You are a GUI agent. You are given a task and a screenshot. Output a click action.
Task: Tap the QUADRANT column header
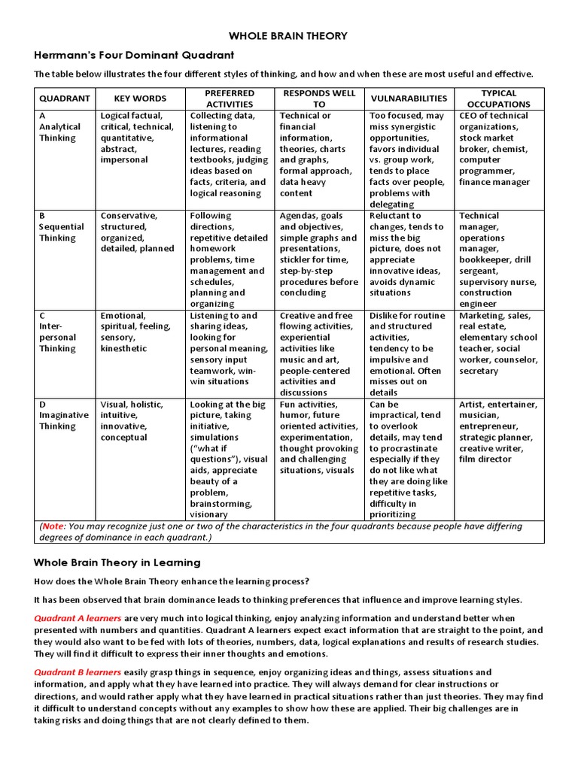[x=65, y=99]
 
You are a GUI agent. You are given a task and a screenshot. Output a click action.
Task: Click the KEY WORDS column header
[x=140, y=99]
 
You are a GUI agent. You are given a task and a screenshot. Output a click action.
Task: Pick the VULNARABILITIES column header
[x=409, y=99]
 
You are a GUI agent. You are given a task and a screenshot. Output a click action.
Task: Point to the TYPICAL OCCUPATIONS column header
[x=498, y=99]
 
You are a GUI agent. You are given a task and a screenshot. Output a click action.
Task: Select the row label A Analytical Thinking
[x=58, y=126]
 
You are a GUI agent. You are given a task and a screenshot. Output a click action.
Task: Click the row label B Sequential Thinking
[x=58, y=226]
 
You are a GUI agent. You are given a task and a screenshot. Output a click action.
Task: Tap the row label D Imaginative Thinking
[x=64, y=415]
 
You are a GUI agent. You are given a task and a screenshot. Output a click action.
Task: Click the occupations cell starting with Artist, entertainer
[x=498, y=432]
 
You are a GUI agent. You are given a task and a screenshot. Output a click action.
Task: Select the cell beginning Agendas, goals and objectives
[x=318, y=254]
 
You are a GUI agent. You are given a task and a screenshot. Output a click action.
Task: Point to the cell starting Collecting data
[x=229, y=154]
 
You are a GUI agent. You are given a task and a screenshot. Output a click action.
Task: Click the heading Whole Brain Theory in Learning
[x=117, y=562]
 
